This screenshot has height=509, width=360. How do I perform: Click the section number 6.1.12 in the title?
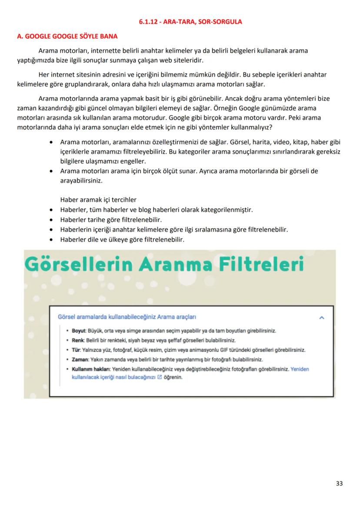(x=150, y=21)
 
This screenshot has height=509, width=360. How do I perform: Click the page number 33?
(x=339, y=483)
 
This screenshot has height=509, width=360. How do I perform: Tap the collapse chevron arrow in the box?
(x=322, y=318)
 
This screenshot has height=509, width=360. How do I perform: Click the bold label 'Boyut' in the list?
(x=79, y=331)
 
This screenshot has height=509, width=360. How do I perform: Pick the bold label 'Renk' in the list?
(x=78, y=340)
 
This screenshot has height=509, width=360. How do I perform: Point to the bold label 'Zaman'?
(x=80, y=359)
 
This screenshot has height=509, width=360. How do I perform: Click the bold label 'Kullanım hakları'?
(x=91, y=369)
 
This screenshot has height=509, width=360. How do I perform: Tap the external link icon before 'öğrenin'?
(x=159, y=377)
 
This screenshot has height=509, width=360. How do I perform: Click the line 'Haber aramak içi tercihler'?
(x=98, y=200)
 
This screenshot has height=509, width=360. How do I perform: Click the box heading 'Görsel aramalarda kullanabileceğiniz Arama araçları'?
(x=127, y=317)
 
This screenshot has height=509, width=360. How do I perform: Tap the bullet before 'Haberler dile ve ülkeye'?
(x=52, y=240)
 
